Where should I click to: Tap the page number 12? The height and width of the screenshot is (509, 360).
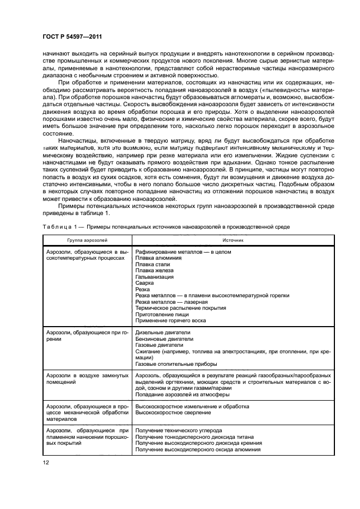[46, 462]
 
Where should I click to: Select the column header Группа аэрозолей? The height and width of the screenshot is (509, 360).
[87, 240]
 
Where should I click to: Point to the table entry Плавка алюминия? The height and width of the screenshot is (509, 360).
[159, 258]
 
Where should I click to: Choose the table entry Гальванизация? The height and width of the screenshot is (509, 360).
[155, 277]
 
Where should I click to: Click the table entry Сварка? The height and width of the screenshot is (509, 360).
[145, 283]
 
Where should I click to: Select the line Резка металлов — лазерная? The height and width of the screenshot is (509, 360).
[171, 302]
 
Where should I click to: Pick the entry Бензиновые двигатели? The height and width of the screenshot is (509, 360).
[164, 339]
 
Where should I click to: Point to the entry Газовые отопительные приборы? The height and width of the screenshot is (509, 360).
[176, 364]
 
